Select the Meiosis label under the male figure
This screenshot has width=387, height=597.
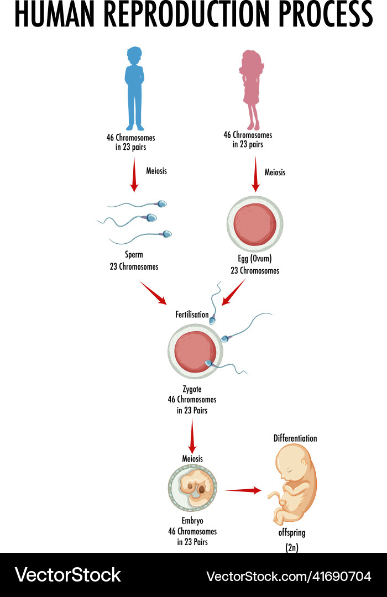(x=156, y=171)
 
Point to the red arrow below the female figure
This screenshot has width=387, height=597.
(x=255, y=174)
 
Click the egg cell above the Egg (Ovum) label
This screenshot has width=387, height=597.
(x=255, y=224)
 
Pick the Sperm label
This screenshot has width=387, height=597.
(x=134, y=255)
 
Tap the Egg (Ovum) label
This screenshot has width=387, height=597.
(x=255, y=258)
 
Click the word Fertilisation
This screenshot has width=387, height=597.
(x=192, y=315)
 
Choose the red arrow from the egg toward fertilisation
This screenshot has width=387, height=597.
(x=233, y=292)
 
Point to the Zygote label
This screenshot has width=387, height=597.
(x=192, y=389)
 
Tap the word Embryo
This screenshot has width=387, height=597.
(x=192, y=521)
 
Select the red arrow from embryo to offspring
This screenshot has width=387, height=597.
(x=243, y=490)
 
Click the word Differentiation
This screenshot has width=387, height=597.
(x=295, y=438)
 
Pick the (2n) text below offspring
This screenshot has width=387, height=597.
(x=292, y=548)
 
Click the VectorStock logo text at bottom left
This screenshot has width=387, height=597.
(x=67, y=575)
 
